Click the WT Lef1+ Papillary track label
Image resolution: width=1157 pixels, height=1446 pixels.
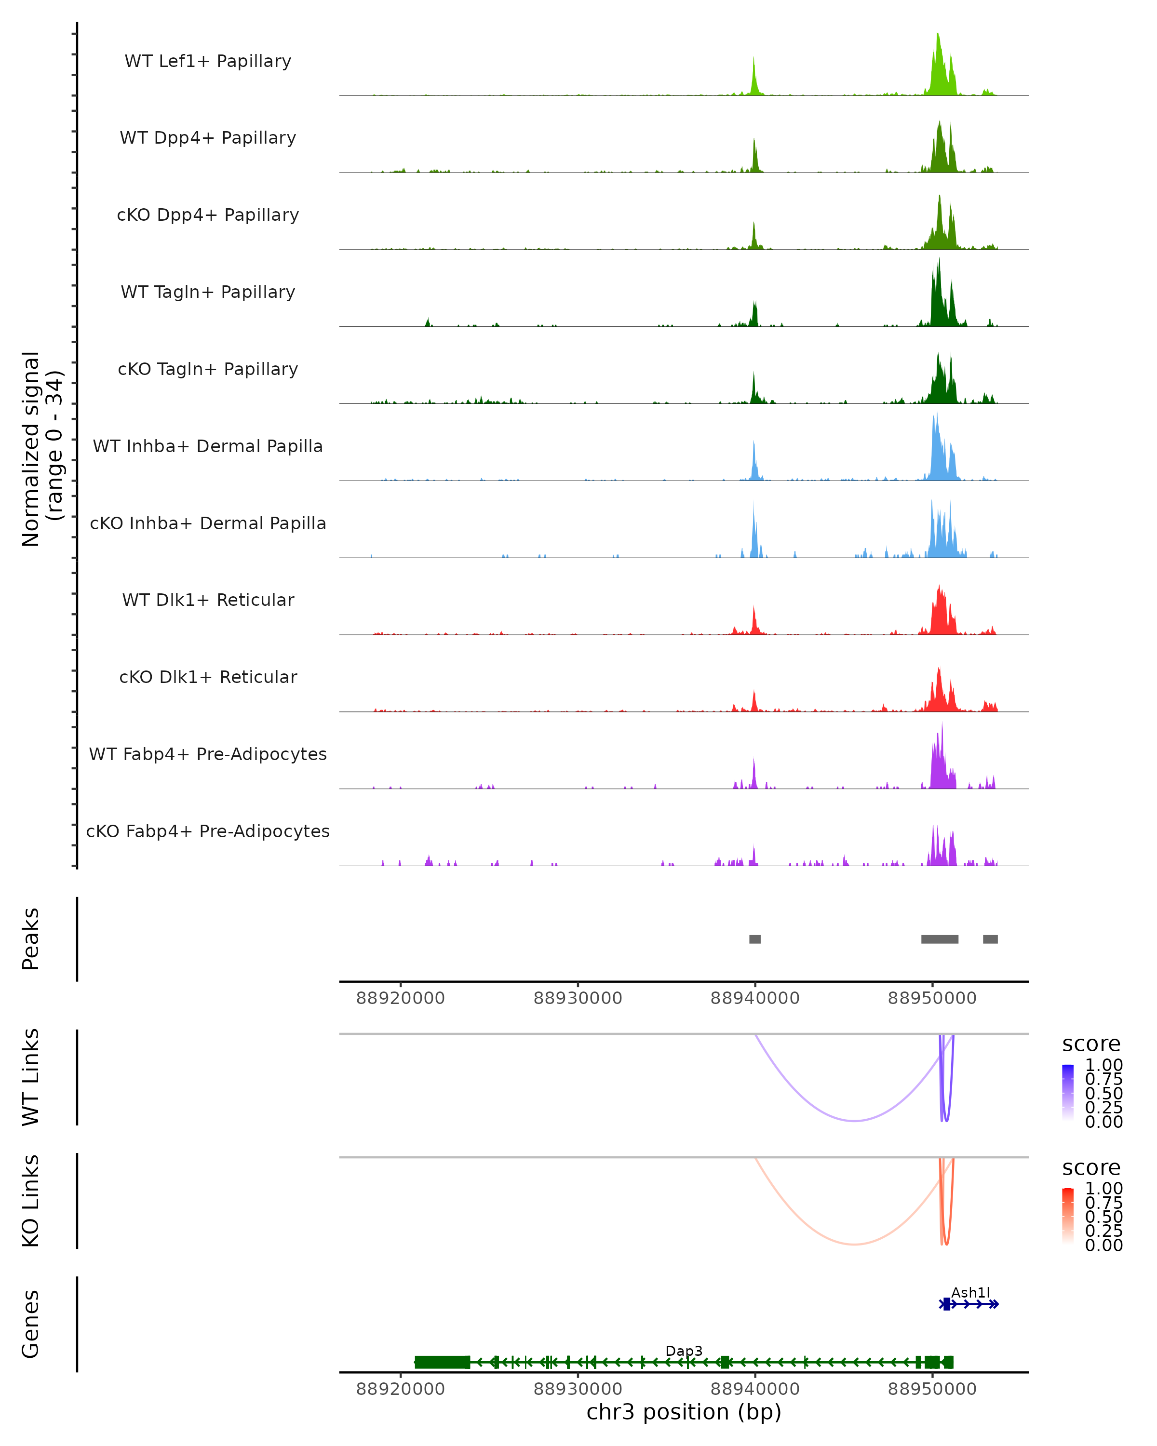[x=208, y=61]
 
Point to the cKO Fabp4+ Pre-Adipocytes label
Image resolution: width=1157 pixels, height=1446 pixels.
[x=208, y=831]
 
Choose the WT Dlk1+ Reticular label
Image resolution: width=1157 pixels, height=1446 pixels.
[x=208, y=600]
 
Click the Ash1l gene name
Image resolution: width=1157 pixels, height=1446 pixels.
[x=970, y=1292]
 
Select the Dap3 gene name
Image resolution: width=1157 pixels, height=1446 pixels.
[x=684, y=1351]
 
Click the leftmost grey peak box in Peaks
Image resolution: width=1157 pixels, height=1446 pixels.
[x=754, y=939]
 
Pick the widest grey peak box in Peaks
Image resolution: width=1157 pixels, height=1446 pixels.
[x=939, y=939]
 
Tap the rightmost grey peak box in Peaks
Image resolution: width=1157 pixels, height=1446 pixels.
[x=990, y=939]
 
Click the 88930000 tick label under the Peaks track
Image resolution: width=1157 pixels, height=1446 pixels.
[x=578, y=998]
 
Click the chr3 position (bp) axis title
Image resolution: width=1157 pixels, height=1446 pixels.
[x=684, y=1412]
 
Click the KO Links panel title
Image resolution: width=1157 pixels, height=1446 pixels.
[x=31, y=1201]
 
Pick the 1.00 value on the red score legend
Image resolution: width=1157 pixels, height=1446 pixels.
[x=1104, y=1189]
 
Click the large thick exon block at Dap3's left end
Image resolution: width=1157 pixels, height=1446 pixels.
[x=442, y=1362]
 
